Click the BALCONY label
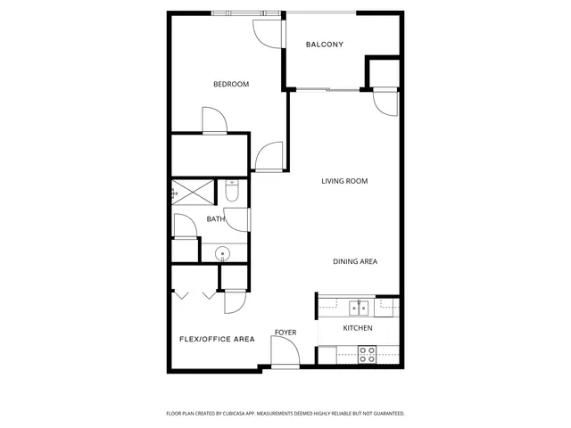click(x=324, y=45)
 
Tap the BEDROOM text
click(x=230, y=85)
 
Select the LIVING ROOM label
click(x=344, y=181)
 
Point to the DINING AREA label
click(x=355, y=261)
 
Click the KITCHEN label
click(x=358, y=328)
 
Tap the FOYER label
click(x=285, y=333)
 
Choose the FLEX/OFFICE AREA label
click(x=217, y=339)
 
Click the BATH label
click(x=215, y=218)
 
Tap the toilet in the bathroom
click(x=231, y=191)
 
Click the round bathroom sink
click(x=222, y=253)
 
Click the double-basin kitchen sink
click(x=358, y=308)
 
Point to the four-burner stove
click(x=367, y=353)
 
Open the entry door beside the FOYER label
click(x=286, y=354)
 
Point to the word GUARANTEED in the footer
click(x=384, y=414)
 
